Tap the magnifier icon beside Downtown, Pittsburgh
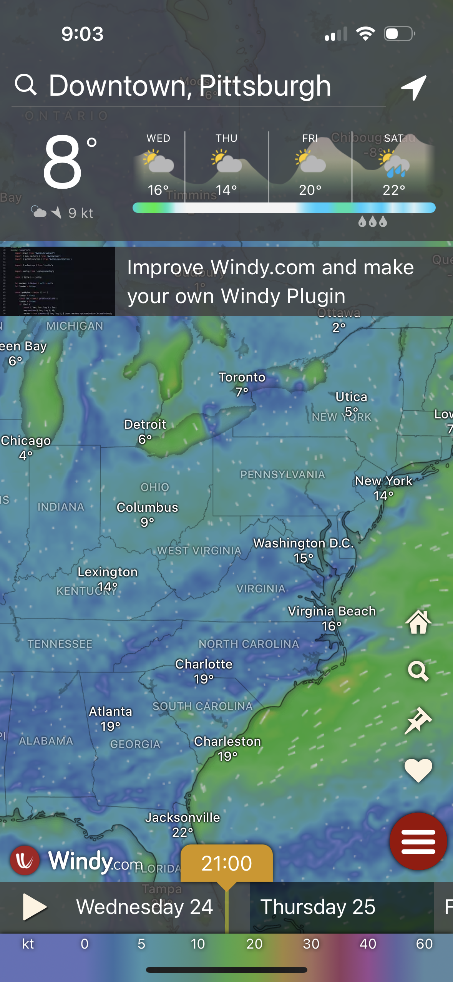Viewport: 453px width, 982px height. click(x=26, y=85)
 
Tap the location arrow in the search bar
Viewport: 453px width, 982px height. click(x=414, y=87)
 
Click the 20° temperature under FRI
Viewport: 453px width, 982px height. click(x=310, y=190)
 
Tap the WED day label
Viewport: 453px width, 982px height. click(x=158, y=138)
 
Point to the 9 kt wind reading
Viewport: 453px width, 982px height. click(x=81, y=213)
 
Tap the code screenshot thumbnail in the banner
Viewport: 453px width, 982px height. click(x=58, y=281)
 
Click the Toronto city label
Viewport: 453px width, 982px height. click(x=242, y=377)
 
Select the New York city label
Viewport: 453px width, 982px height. click(x=383, y=481)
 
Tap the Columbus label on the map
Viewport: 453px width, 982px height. click(x=148, y=508)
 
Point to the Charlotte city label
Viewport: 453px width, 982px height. click(x=204, y=664)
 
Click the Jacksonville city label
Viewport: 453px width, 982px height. click(x=183, y=818)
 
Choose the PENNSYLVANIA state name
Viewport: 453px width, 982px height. click(x=283, y=475)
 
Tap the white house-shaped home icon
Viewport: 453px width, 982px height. click(x=418, y=622)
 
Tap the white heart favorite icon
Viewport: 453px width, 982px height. click(x=418, y=770)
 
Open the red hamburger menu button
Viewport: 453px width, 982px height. click(x=418, y=841)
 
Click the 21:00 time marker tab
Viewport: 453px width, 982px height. click(x=227, y=863)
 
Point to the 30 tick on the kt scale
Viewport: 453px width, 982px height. click(x=311, y=944)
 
